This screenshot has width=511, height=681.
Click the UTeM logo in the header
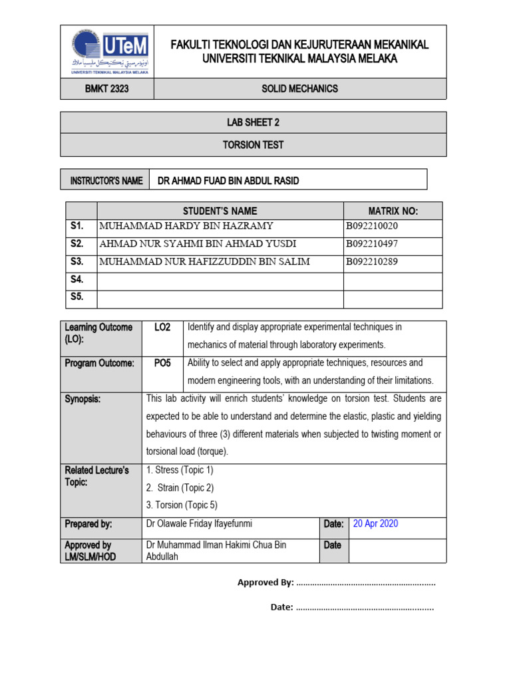[x=106, y=51]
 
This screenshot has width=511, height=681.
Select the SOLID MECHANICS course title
[x=299, y=88]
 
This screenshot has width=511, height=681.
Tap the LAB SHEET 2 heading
[x=253, y=122]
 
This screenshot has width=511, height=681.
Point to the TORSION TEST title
[x=253, y=145]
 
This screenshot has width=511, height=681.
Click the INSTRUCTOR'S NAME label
[x=106, y=181]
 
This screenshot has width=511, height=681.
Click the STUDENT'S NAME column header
[x=220, y=211]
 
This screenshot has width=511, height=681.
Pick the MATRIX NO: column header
[x=393, y=211]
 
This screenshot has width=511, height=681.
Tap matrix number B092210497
[x=371, y=244]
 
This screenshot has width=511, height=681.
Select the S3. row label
[x=77, y=262]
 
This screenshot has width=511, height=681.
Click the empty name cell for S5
[x=220, y=298]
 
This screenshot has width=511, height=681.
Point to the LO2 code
[x=162, y=327]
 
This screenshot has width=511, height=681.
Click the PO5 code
[x=162, y=363]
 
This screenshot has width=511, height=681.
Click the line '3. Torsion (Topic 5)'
[x=182, y=505]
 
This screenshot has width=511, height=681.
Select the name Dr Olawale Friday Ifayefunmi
[x=199, y=524]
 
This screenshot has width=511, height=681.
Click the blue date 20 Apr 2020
[x=375, y=524]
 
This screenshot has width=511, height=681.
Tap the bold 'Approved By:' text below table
[x=265, y=583]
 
